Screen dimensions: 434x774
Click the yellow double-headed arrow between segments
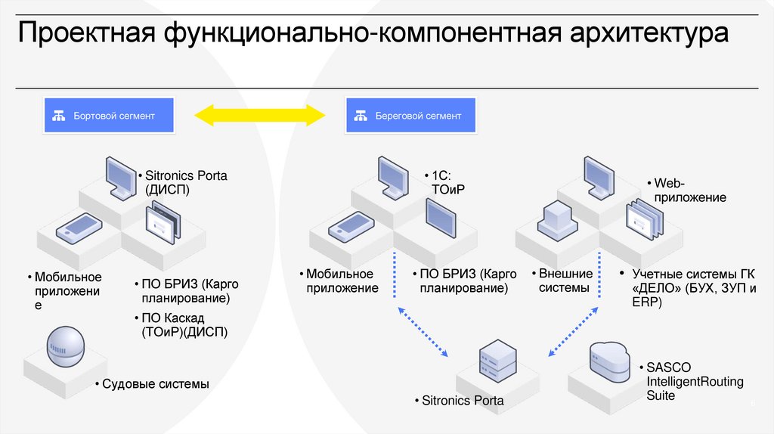tap(259, 116)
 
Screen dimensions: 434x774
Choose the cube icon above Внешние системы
tap(557, 219)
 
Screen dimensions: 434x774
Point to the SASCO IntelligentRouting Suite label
tap(685, 381)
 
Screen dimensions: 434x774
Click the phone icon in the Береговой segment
tap(350, 225)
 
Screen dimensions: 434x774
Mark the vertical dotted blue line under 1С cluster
tap(394, 276)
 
